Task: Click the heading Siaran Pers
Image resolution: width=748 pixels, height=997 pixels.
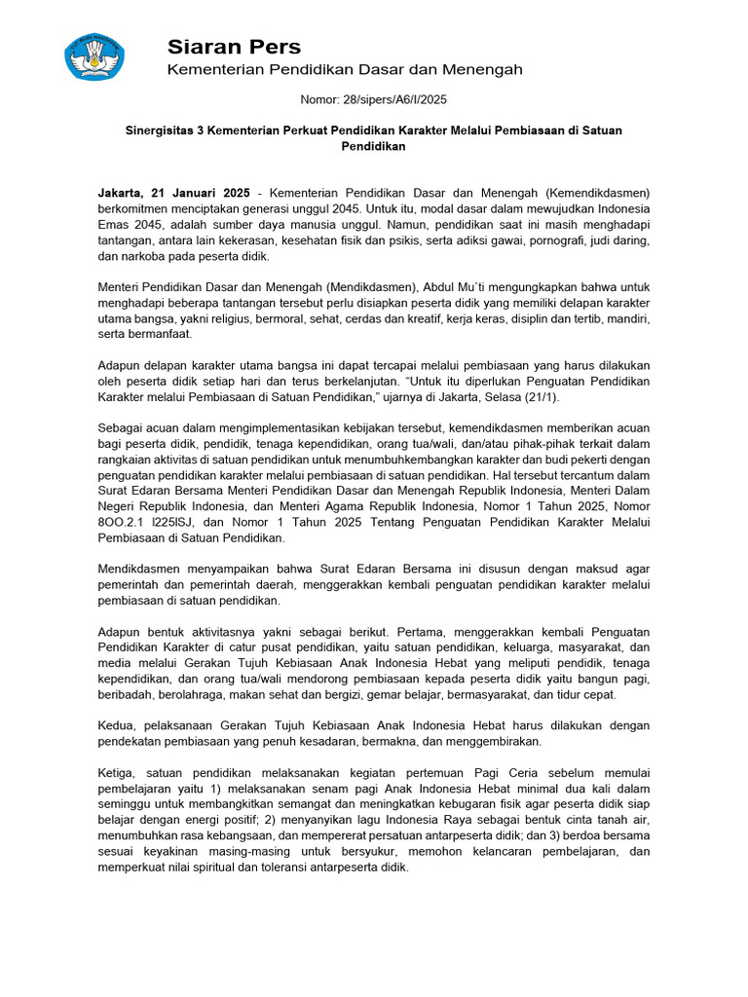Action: [234, 47]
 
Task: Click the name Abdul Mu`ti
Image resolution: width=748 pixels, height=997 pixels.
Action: [458, 287]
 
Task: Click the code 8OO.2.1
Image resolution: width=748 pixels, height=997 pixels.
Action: [120, 522]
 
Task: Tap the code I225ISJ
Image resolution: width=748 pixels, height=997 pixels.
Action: [186, 522]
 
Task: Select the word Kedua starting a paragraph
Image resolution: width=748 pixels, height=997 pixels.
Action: [119, 725]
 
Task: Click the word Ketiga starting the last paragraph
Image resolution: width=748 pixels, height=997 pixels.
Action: [120, 773]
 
